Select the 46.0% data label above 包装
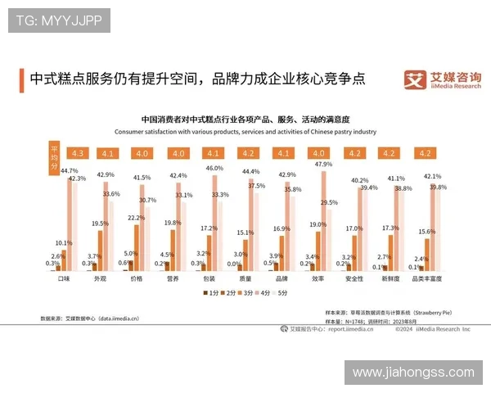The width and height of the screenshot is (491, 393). point(214,168)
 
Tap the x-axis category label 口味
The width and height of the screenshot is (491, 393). point(62,278)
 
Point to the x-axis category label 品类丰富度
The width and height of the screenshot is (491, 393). point(426,278)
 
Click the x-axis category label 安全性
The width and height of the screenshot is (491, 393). point(355,278)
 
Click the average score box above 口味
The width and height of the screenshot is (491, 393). point(79,153)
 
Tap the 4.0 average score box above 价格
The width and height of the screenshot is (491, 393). point(142,153)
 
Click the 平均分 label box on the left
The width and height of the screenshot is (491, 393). point(54,154)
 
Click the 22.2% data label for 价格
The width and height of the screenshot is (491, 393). point(136,218)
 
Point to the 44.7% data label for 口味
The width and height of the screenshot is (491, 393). point(70,170)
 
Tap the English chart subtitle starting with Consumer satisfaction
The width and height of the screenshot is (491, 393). point(245,131)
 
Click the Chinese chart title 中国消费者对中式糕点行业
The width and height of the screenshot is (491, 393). point(245,120)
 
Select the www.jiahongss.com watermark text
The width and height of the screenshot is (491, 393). point(412,373)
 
